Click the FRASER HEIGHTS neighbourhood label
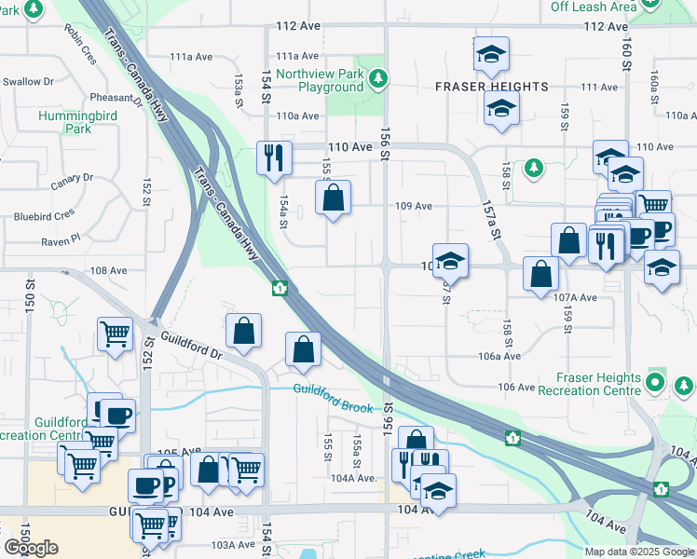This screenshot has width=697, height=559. [x=491, y=87]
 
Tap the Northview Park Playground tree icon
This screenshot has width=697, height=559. [x=378, y=77]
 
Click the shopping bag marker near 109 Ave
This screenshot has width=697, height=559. [x=333, y=198]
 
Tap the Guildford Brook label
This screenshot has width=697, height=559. [x=333, y=398]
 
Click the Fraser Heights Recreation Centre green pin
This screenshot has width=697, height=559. [x=656, y=383]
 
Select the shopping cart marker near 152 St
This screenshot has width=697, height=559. [x=115, y=332]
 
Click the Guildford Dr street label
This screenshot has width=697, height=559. [x=191, y=348]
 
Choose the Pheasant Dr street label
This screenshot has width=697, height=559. [x=116, y=98]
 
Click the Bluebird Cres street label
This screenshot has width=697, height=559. [x=44, y=214]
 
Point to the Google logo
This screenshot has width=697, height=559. [x=31, y=548]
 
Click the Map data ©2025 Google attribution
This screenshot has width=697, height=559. [x=638, y=552]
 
